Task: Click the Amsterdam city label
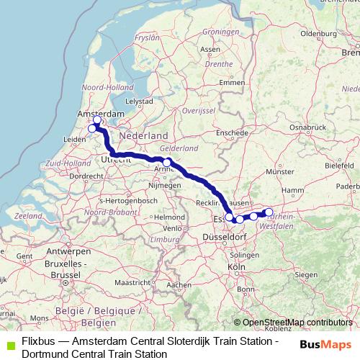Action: pos(102,114)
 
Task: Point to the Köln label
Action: pos(236,267)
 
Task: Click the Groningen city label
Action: pos(220,32)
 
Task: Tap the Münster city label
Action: pos(281,172)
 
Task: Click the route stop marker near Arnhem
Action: pos(166,163)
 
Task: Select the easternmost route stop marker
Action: pos(269,212)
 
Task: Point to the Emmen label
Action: pos(231,83)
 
